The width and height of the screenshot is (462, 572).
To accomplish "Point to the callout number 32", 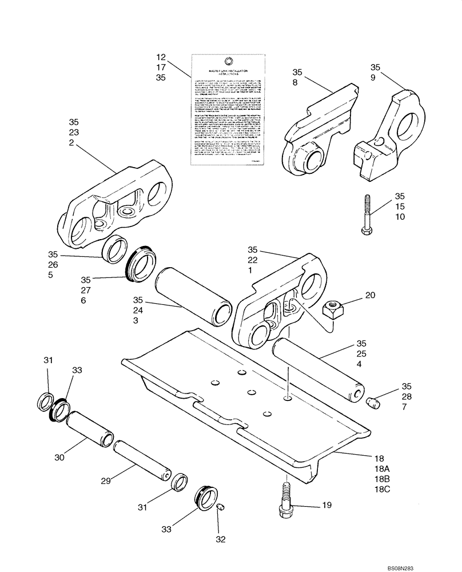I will (x=220, y=539).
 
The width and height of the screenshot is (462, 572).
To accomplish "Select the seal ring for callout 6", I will (x=141, y=265).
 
